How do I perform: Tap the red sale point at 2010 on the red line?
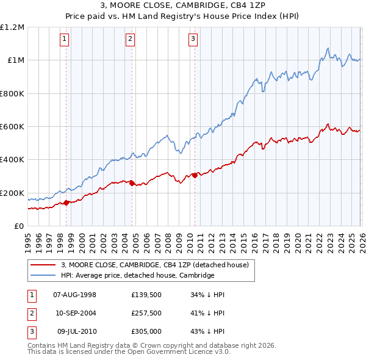pos(195,176)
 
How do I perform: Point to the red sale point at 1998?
pos(66,203)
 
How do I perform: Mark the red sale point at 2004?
pos(132,183)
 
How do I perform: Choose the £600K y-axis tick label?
pos(12,127)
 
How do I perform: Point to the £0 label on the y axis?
pos(18,226)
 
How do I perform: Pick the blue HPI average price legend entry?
pos(137,276)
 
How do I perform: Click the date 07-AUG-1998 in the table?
pos(75,295)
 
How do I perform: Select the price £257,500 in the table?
pos(146,313)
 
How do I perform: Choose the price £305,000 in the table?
pos(146,331)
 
